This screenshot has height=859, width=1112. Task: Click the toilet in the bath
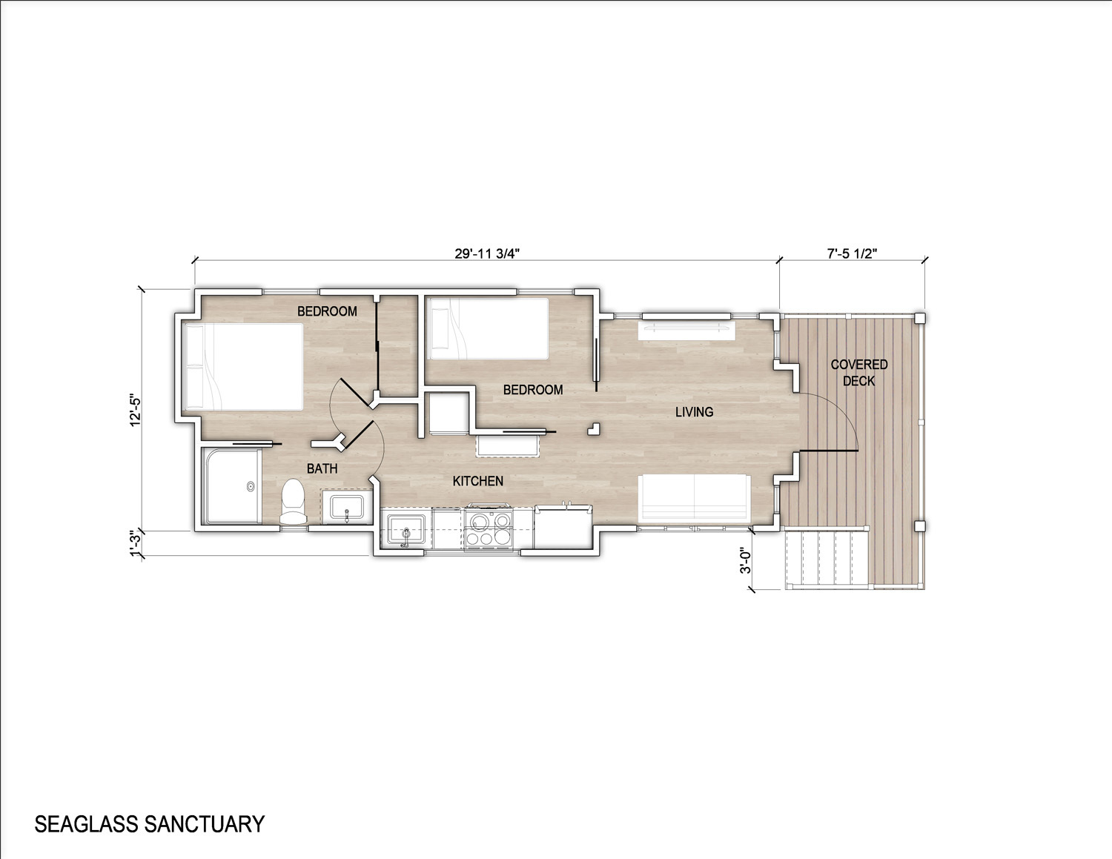(x=294, y=501)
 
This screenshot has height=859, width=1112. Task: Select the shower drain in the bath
(x=251, y=485)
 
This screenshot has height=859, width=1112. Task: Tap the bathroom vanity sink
(x=346, y=507)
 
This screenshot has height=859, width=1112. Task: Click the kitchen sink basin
(x=406, y=528)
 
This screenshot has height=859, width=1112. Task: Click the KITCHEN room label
(x=478, y=481)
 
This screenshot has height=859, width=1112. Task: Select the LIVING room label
(x=694, y=412)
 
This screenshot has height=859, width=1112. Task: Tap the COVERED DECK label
(x=858, y=373)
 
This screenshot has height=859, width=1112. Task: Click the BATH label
(x=322, y=468)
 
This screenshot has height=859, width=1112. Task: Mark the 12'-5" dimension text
(x=136, y=409)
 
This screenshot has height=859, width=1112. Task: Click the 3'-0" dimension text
(x=745, y=561)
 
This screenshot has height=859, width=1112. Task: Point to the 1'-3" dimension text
(x=136, y=544)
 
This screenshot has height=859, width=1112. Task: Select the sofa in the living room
(x=694, y=499)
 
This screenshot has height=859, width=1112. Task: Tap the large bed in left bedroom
(x=243, y=366)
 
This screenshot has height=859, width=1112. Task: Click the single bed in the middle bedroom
(x=489, y=328)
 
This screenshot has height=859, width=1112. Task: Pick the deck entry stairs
(x=827, y=561)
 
